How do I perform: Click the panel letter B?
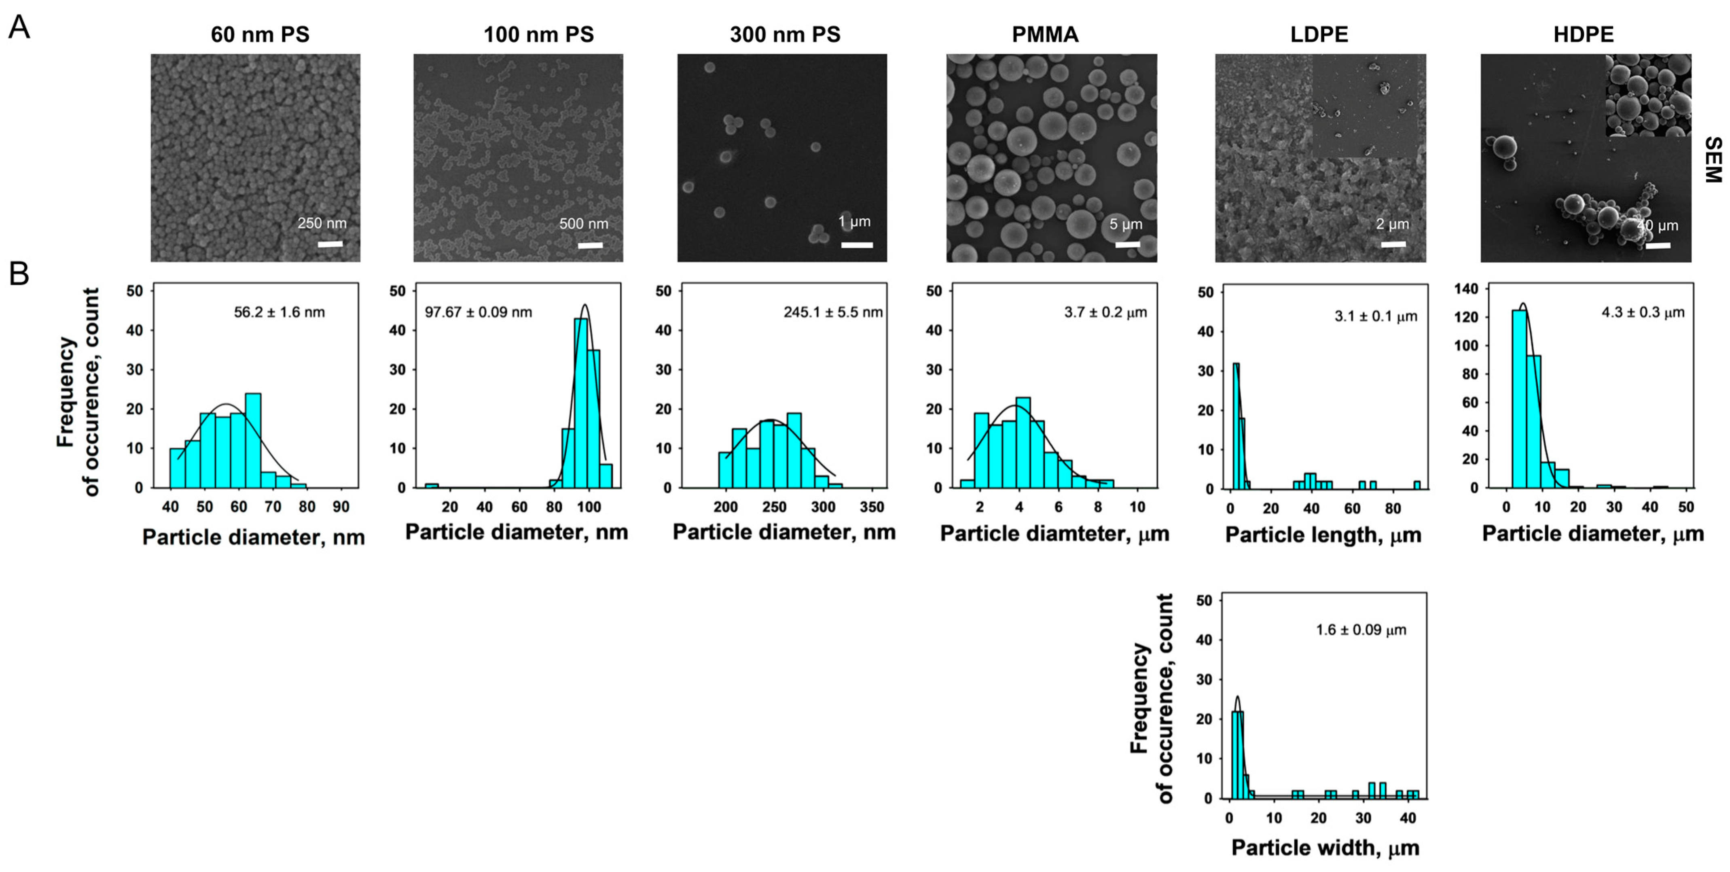[x=19, y=274]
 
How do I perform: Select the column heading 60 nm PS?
[x=260, y=34]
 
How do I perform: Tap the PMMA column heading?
[x=1045, y=34]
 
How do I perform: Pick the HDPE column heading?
[x=1583, y=34]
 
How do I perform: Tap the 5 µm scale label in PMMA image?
[x=1126, y=225]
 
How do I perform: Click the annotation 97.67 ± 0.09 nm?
[x=478, y=312]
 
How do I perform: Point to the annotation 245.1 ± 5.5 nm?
[x=833, y=312]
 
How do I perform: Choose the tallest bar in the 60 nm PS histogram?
[x=253, y=440]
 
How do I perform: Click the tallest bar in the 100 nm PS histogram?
[x=581, y=403]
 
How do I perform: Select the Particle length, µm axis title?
[x=1323, y=535]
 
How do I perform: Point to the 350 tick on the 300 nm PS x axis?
[x=872, y=507]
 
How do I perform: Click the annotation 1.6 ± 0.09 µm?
[x=1361, y=630]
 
